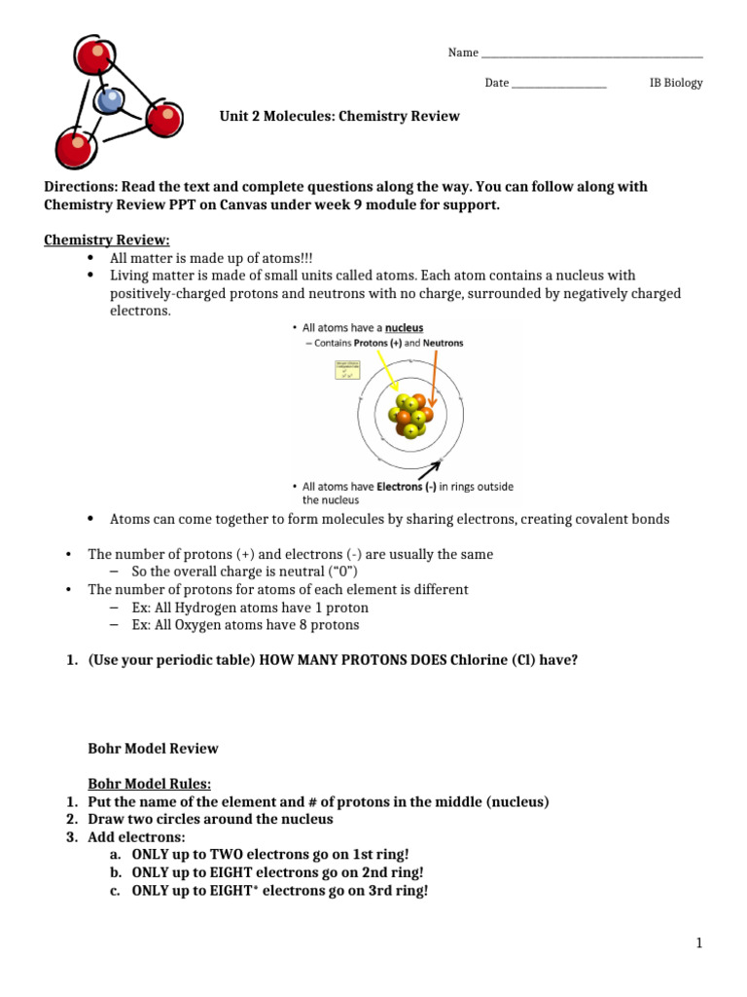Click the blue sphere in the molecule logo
click(109, 100)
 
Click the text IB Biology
click(675, 83)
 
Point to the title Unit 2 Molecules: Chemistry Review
click(340, 116)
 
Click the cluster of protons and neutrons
click(409, 414)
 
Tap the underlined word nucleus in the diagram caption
click(403, 329)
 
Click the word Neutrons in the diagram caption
click(443, 344)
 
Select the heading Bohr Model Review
click(153, 749)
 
